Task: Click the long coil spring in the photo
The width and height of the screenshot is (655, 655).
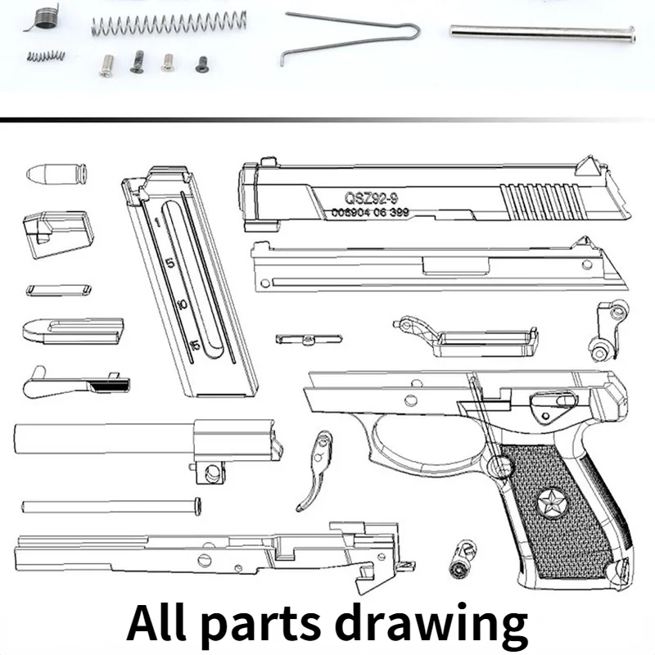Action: tap(169, 22)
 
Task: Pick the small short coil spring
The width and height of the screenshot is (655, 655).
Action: tap(46, 56)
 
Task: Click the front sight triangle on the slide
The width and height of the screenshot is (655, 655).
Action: tap(588, 165)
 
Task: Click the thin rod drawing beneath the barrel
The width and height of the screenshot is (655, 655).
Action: tap(111, 505)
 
